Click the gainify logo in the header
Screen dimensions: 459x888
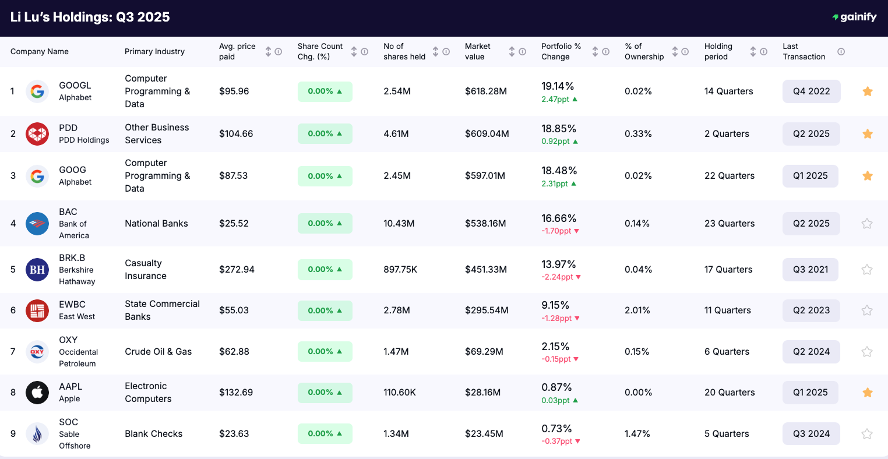tap(854, 17)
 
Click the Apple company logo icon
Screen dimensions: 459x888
tap(37, 393)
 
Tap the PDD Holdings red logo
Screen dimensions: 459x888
tap(37, 134)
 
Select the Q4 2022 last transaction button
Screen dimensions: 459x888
tap(811, 91)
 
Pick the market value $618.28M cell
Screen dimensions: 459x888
tap(486, 91)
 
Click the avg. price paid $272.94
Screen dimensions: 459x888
tap(236, 270)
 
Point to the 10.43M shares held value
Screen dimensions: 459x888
tap(399, 224)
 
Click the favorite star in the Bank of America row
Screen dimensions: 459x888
tap(867, 224)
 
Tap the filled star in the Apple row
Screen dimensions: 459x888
tap(867, 393)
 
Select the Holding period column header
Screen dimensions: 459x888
tap(718, 51)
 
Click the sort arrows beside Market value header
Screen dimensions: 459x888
tap(512, 52)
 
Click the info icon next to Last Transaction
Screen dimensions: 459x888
tap(841, 52)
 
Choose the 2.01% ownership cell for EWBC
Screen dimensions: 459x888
tap(637, 310)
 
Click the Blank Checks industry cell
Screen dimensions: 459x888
tap(153, 434)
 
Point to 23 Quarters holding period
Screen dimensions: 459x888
tap(730, 224)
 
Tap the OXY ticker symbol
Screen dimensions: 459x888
tap(68, 340)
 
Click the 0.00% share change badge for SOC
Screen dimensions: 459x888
tap(325, 434)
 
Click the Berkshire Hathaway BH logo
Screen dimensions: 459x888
tap(37, 270)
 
